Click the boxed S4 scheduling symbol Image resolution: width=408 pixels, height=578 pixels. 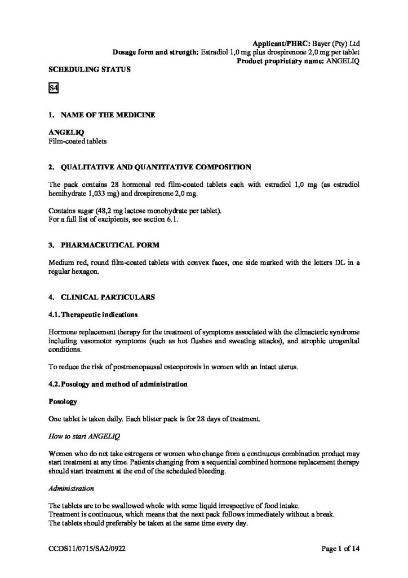tap(54, 88)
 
